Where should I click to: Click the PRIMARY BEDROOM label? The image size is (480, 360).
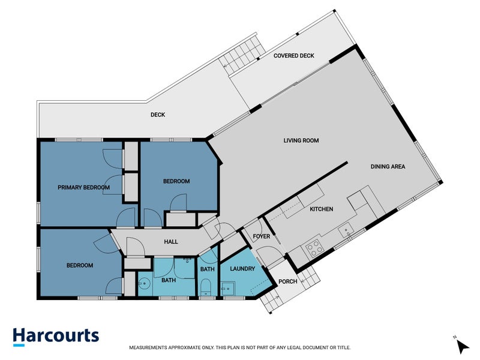(x=83, y=187)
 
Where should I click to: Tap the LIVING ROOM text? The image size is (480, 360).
(x=301, y=140)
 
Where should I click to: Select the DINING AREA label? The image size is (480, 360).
(x=388, y=167)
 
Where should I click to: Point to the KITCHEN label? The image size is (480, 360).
(x=322, y=209)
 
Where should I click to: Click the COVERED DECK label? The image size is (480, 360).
(x=294, y=56)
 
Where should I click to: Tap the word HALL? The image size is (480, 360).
(x=171, y=242)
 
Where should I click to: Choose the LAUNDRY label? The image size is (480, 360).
(x=242, y=269)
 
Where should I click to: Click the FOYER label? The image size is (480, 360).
(x=262, y=236)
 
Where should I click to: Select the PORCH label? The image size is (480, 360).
(x=288, y=281)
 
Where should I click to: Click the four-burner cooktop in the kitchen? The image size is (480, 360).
(x=314, y=247)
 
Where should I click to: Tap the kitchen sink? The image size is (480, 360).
(x=346, y=230)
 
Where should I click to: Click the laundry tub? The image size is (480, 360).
(x=228, y=289)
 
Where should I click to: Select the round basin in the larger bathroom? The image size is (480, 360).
(x=143, y=284)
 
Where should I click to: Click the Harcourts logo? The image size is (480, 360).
(x=56, y=337)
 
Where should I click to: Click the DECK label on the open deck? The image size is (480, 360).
(x=158, y=115)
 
